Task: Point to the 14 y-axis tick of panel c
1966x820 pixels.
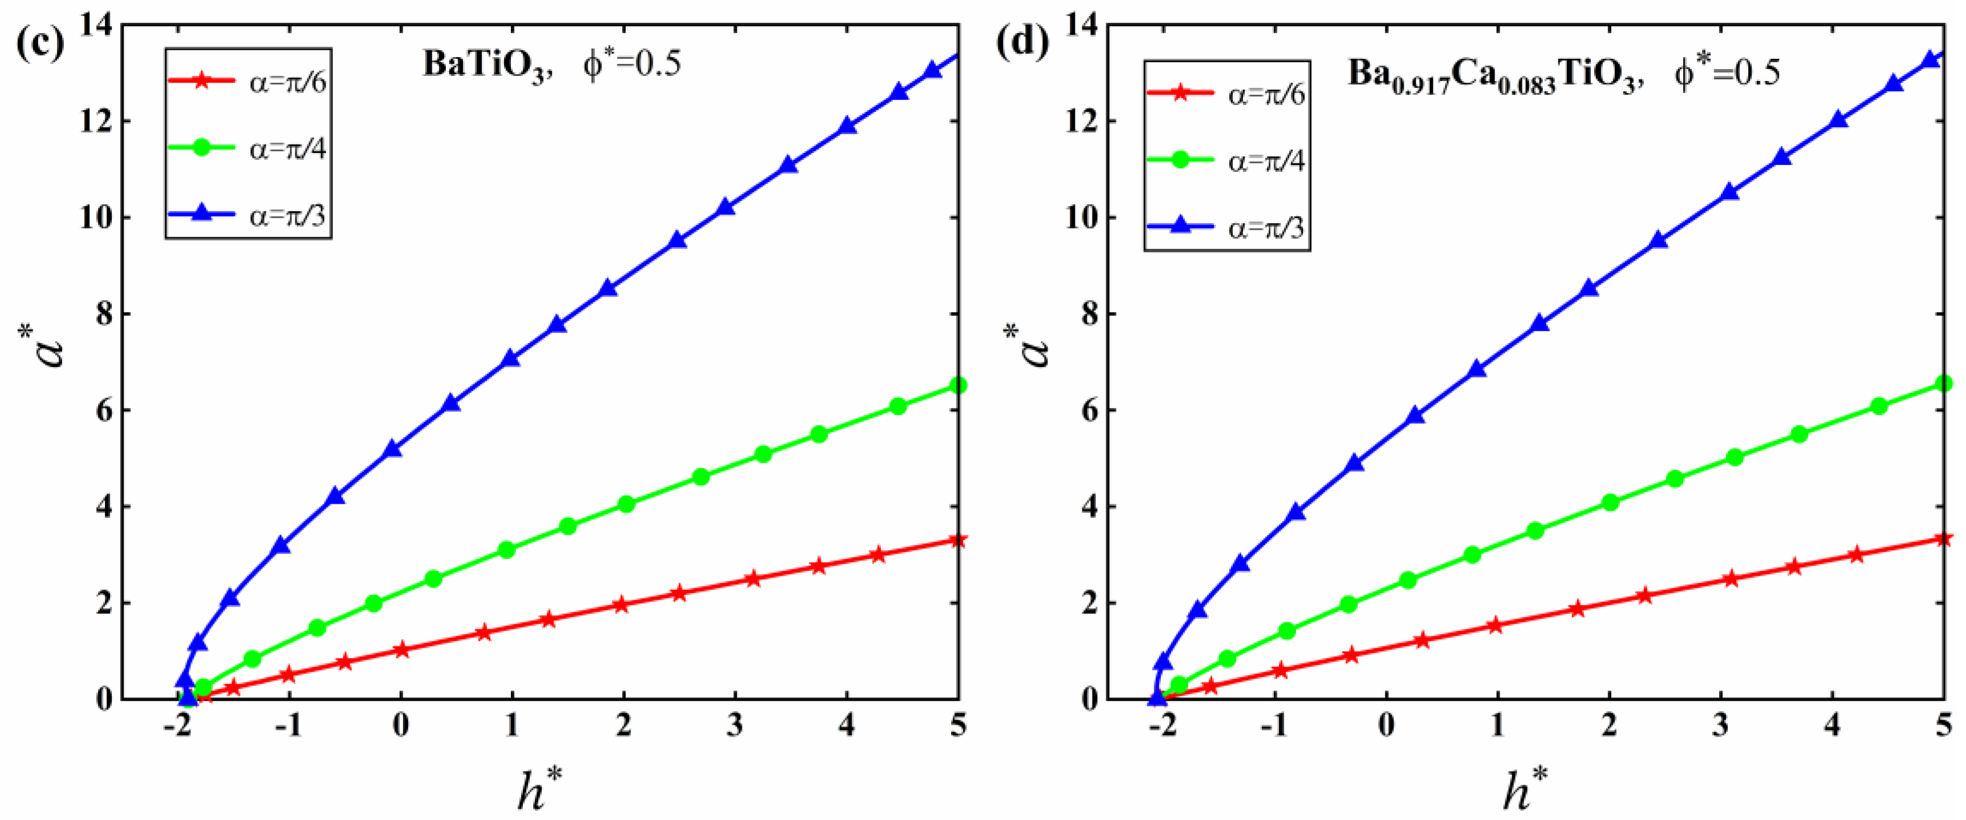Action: (x=95, y=26)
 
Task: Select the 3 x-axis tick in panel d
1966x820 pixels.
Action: (x=1720, y=725)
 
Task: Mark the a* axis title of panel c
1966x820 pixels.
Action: (x=47, y=345)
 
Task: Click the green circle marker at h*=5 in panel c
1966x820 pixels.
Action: (x=958, y=386)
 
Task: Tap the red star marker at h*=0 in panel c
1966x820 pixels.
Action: (x=401, y=651)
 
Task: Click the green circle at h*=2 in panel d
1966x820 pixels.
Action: (x=1610, y=502)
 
